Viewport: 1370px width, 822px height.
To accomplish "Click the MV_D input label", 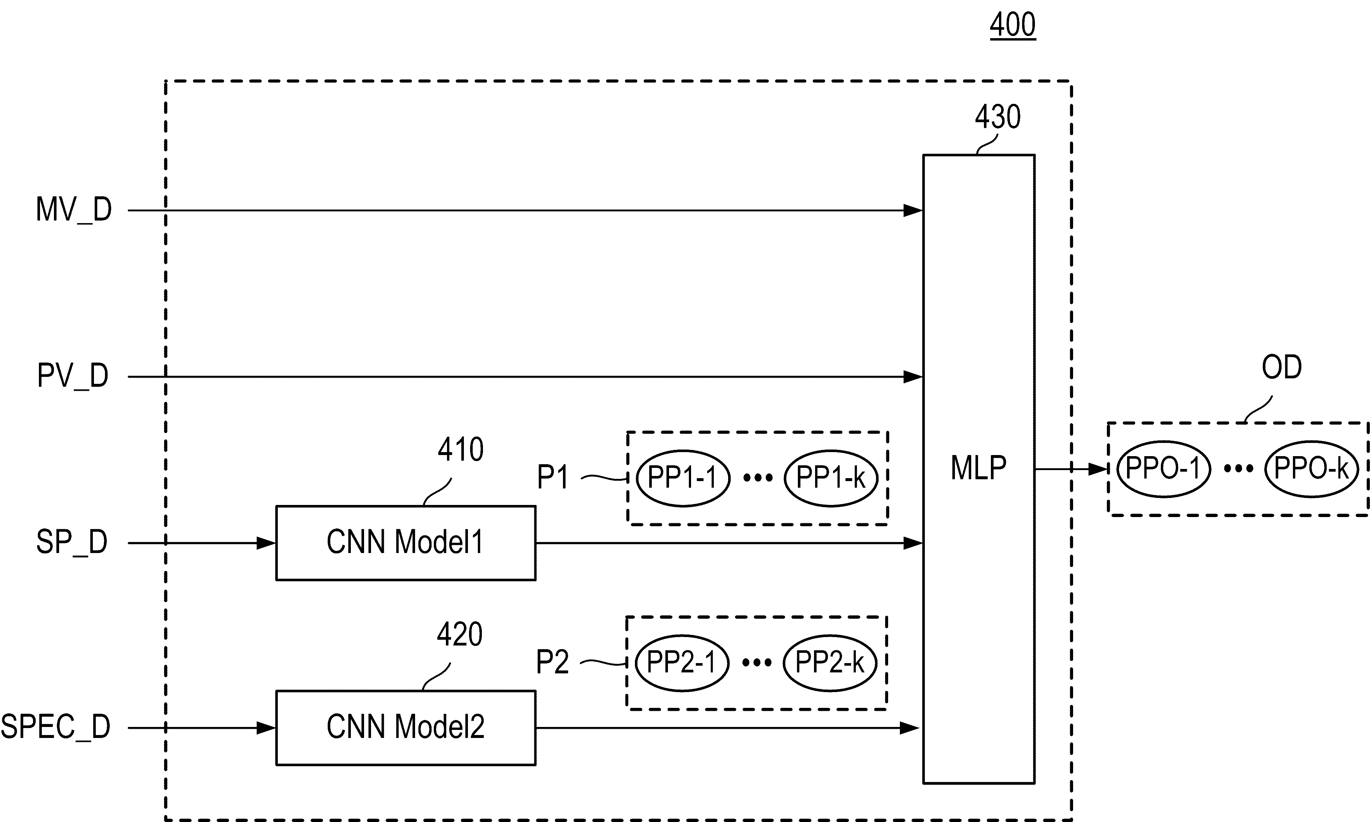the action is [74, 210].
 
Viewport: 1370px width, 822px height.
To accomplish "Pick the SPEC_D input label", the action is [55, 727].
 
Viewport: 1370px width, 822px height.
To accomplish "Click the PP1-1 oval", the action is [683, 477].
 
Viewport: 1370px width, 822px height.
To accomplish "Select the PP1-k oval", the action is [831, 477].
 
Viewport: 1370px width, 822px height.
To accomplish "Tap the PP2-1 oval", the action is [682, 662].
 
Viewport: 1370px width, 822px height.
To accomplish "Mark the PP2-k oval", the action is [830, 662].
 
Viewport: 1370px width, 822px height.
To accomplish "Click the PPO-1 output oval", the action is [1163, 469].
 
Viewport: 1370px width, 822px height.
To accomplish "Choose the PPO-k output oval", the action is [1311, 469].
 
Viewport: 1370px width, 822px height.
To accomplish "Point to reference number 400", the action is [1013, 25].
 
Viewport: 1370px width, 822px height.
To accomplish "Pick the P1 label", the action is [553, 477].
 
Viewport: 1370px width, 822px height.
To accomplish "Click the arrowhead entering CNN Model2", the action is [266, 728].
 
